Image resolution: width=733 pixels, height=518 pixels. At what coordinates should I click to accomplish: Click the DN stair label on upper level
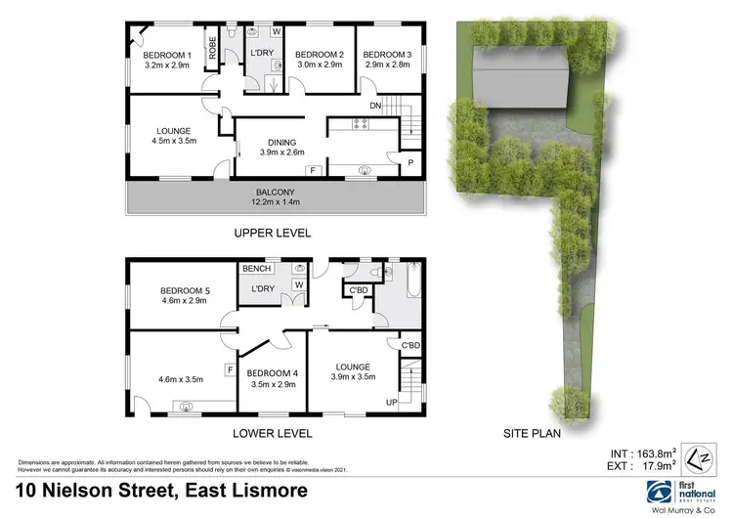374,106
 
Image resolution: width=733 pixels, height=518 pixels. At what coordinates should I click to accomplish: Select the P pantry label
410,161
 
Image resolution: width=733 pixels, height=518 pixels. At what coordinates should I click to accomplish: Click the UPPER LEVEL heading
272,234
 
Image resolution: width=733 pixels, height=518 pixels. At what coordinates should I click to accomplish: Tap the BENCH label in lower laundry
257,268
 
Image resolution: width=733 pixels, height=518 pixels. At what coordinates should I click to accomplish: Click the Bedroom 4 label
272,378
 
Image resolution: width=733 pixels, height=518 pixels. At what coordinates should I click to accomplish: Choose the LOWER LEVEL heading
273,433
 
